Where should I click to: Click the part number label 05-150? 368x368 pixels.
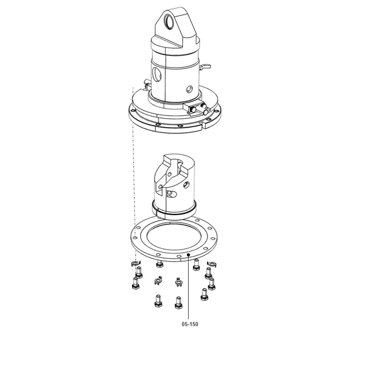190,324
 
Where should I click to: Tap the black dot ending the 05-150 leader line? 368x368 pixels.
188,254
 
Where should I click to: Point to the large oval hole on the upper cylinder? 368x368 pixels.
157,75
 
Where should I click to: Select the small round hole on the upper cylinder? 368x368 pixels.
190,89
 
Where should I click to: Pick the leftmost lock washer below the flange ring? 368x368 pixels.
136,264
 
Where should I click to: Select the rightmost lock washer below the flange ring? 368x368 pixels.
212,264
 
